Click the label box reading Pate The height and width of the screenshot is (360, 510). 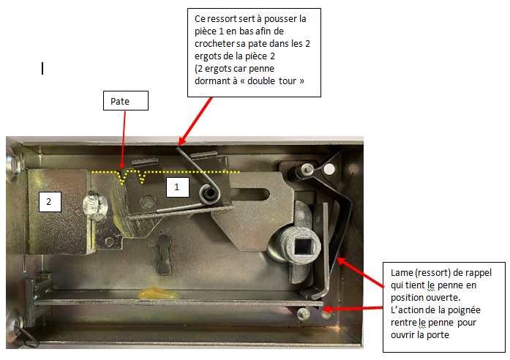(126, 101)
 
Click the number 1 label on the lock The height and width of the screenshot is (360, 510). (178, 187)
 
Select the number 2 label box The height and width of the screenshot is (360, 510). (50, 202)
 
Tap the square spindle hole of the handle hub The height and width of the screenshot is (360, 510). (303, 245)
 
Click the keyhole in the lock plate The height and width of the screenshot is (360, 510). (164, 254)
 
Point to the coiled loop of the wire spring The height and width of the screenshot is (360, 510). (209, 193)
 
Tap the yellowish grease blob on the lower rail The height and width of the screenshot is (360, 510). (158, 293)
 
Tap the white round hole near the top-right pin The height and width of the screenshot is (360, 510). (329, 169)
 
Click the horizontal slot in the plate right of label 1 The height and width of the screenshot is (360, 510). (250, 195)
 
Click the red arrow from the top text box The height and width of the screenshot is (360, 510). (195, 121)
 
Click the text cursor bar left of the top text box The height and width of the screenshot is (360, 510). (42, 69)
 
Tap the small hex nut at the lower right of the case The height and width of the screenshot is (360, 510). (303, 314)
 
